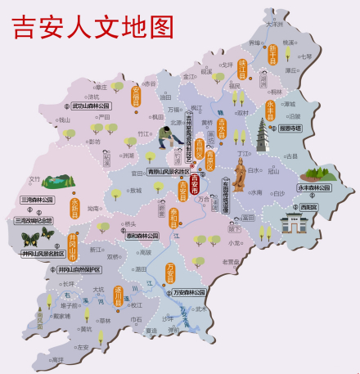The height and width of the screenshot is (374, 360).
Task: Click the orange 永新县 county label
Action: [x=74, y=205]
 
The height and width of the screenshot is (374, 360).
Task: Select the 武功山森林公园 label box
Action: [x=91, y=106]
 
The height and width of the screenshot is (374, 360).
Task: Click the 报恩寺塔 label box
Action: [x=290, y=128]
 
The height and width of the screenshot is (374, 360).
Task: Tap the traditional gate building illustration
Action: [x=292, y=226]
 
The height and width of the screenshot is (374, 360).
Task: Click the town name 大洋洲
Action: [x=275, y=25]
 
